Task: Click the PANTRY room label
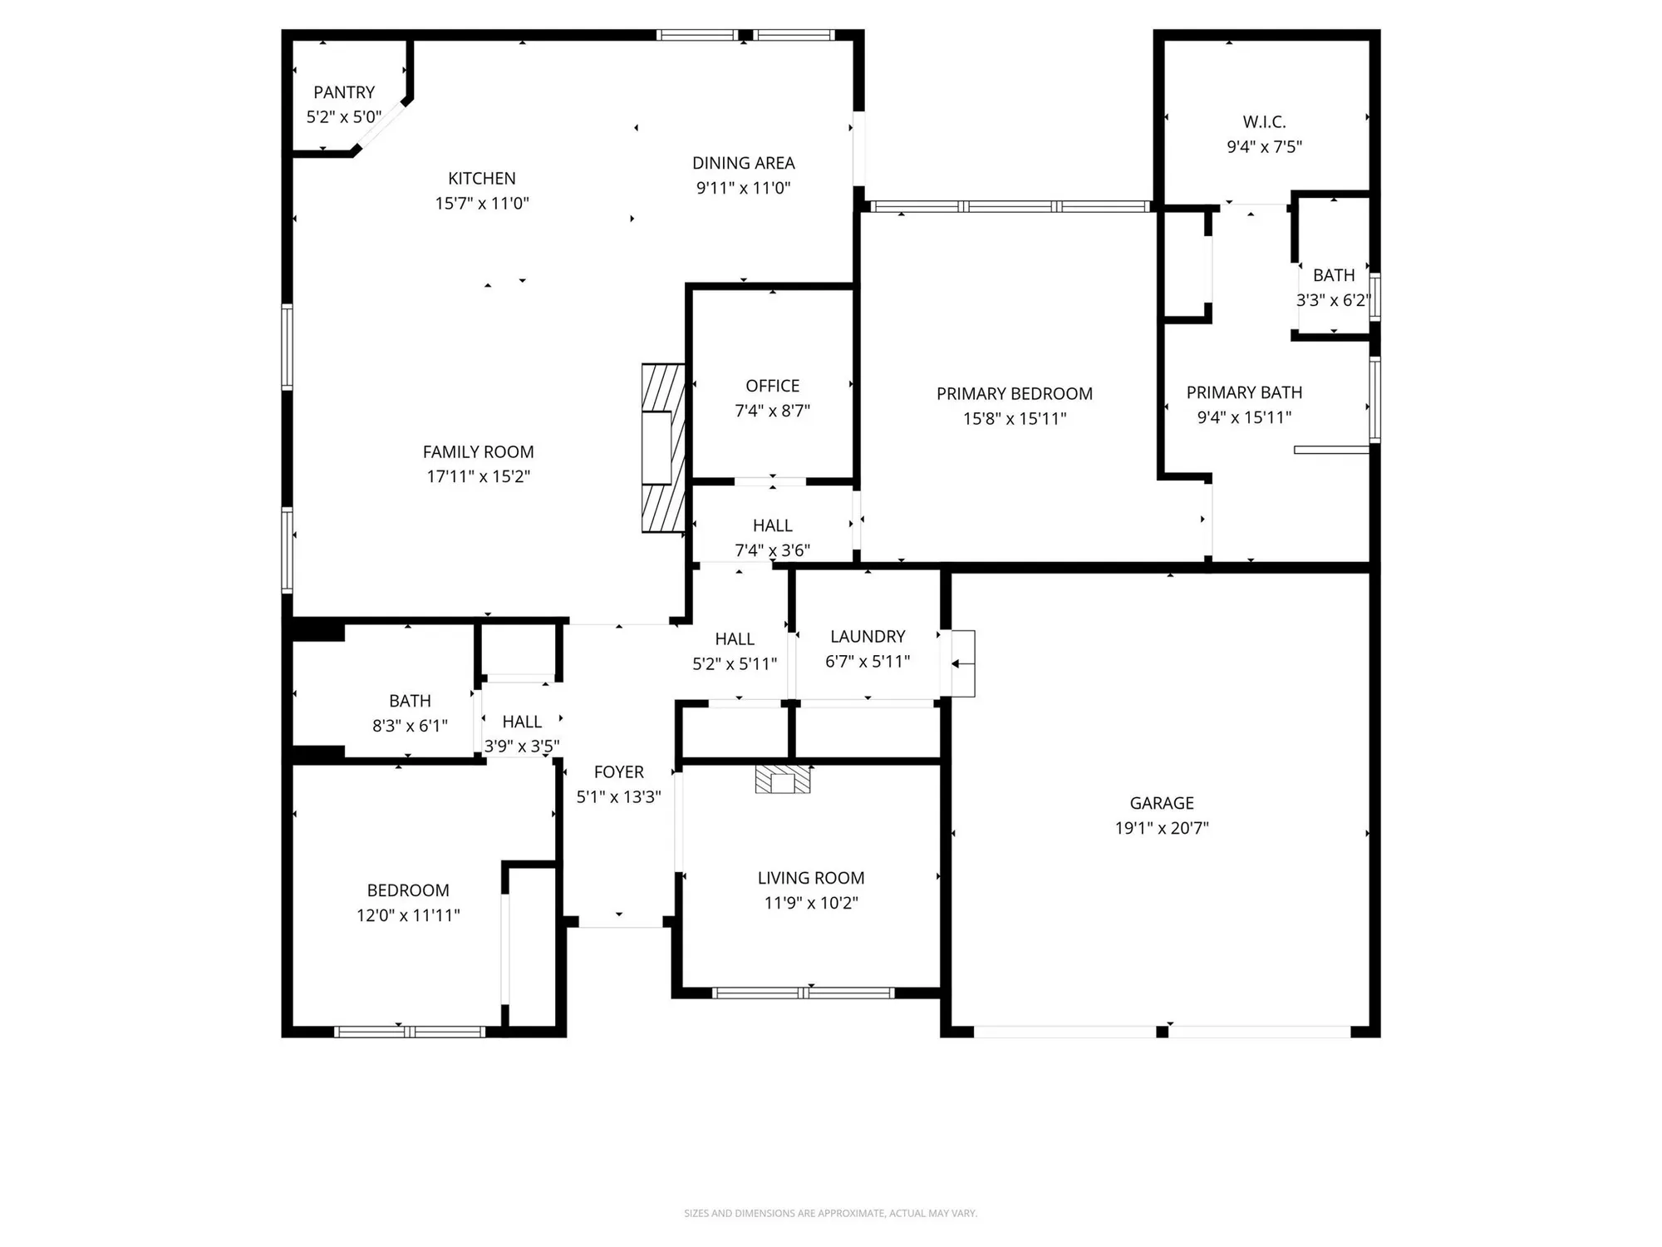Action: click(x=344, y=92)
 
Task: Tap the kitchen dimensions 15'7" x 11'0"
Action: click(x=482, y=203)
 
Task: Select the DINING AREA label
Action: click(x=743, y=163)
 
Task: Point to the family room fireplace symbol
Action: click(x=662, y=448)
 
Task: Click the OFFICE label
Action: click(x=772, y=386)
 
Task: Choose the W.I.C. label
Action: click(x=1264, y=122)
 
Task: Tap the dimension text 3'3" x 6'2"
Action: click(x=1333, y=300)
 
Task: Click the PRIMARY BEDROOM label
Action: click(x=1014, y=394)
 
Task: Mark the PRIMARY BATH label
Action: click(x=1244, y=392)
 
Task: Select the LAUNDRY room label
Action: click(x=868, y=637)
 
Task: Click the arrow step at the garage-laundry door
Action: click(x=961, y=663)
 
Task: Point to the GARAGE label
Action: click(x=1162, y=803)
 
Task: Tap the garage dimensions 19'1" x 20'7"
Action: click(x=1162, y=828)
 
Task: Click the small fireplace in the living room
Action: click(x=783, y=780)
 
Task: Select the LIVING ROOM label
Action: click(x=810, y=878)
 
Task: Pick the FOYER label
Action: click(x=618, y=772)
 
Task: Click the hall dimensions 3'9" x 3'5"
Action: click(x=522, y=746)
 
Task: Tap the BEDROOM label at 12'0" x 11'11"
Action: click(x=408, y=890)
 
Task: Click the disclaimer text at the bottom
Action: click(x=830, y=1214)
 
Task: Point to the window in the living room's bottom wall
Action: click(x=803, y=993)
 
